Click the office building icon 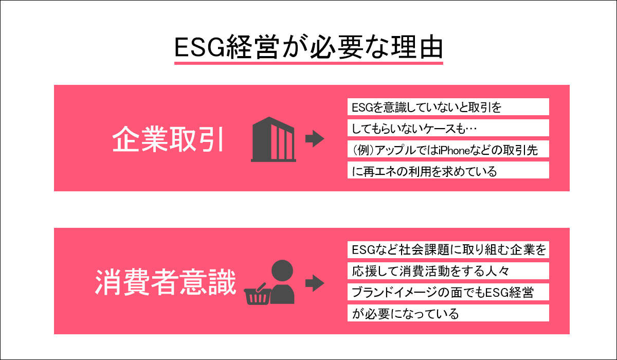274,138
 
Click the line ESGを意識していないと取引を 427,107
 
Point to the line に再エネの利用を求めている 425,171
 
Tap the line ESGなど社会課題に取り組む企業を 448,250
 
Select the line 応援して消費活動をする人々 430,271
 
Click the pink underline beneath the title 308,63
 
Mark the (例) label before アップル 362,150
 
